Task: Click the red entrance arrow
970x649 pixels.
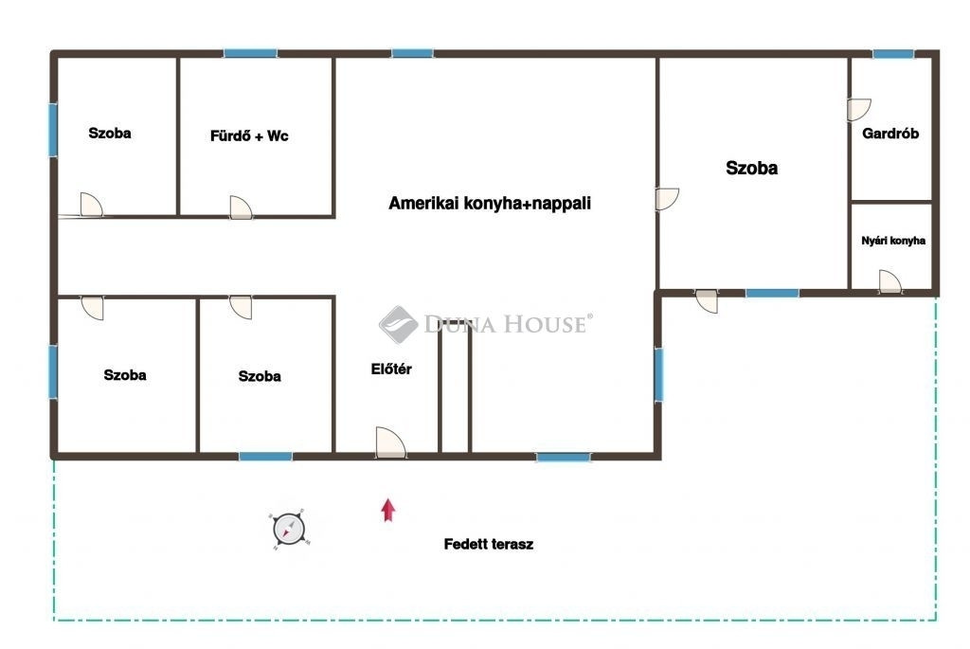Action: [387, 510]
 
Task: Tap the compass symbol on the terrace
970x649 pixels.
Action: [289, 530]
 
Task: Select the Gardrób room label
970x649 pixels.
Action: [890, 133]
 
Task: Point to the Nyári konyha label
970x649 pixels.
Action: [893, 241]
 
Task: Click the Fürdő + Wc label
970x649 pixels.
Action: [249, 136]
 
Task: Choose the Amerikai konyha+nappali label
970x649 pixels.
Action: [490, 203]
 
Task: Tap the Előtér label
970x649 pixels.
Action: [391, 369]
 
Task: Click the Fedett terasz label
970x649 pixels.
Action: [489, 545]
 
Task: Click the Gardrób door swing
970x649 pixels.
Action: [858, 110]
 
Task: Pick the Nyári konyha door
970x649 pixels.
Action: [890, 280]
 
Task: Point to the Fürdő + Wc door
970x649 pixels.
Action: [241, 207]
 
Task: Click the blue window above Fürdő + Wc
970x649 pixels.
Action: [250, 53]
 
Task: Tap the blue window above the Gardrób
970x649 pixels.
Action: [893, 54]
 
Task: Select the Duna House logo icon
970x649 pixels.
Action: [398, 324]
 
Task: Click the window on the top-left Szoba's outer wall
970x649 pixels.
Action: [53, 130]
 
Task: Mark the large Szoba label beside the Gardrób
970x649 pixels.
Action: [751, 168]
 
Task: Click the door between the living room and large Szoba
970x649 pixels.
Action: [668, 199]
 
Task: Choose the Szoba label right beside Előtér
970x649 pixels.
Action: [260, 376]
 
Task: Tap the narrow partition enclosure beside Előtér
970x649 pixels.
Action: [455, 388]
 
